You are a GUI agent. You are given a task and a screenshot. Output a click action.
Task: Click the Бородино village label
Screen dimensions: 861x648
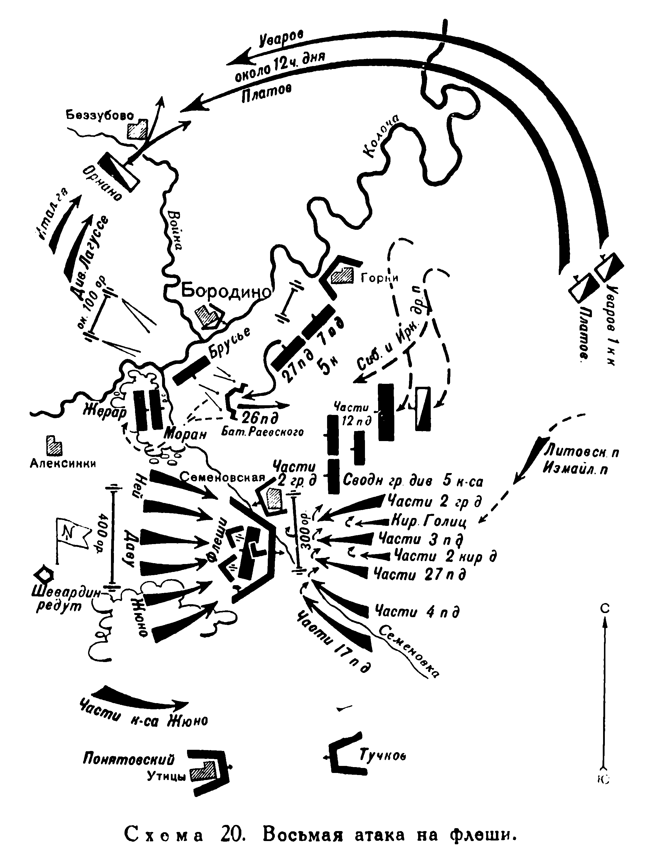(226, 291)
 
